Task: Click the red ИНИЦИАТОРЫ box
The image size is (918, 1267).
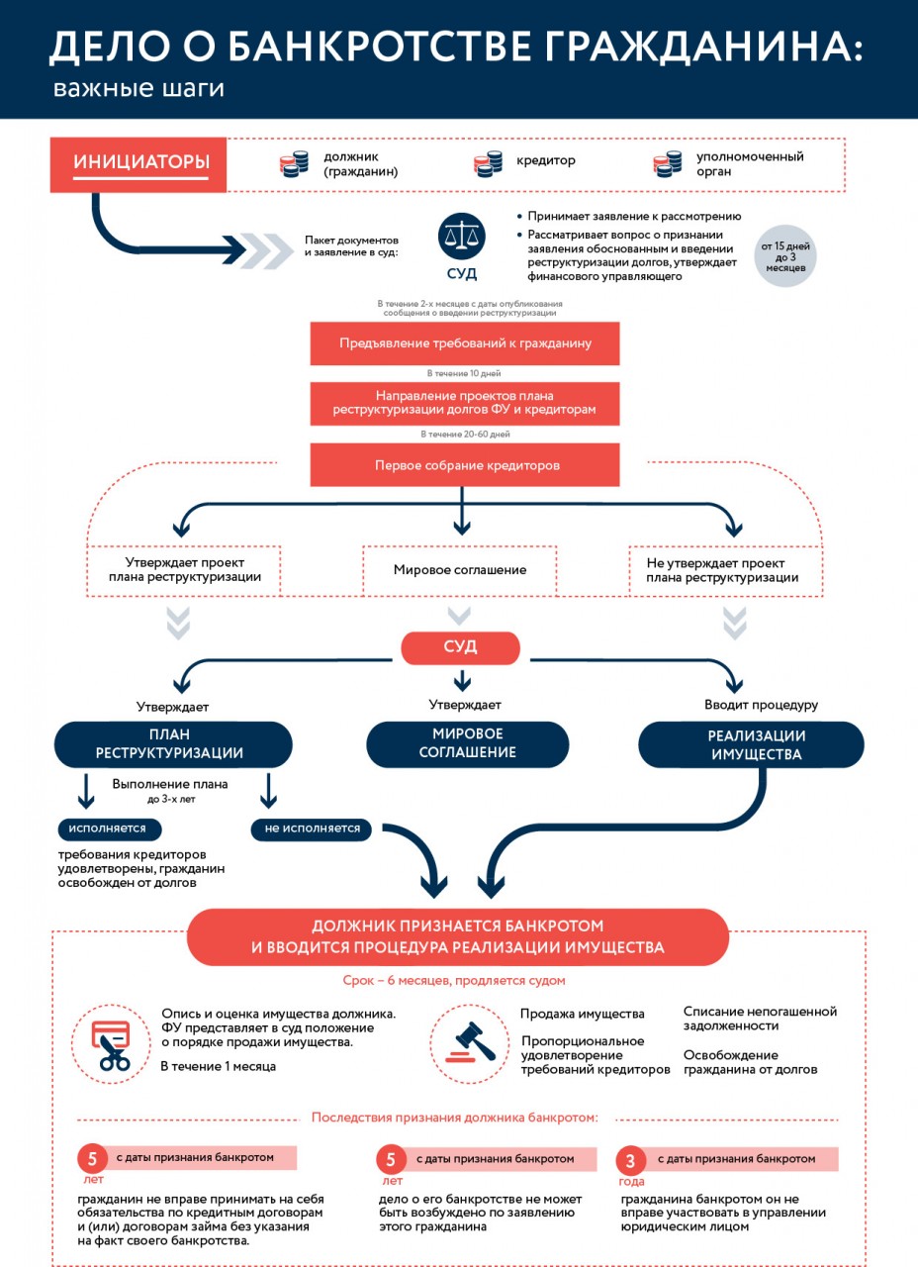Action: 139,162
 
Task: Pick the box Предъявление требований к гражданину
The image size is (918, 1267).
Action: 465,343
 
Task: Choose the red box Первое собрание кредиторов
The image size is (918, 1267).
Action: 465,465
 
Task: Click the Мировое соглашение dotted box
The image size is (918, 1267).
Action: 460,570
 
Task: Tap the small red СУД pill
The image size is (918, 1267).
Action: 460,647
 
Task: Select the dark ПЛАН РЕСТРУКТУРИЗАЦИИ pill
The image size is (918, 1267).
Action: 173,744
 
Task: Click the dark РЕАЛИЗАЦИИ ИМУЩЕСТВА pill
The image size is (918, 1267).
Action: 751,744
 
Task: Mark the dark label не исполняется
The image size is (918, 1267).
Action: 312,828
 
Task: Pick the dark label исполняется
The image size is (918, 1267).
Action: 107,828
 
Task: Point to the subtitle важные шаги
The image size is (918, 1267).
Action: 139,89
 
